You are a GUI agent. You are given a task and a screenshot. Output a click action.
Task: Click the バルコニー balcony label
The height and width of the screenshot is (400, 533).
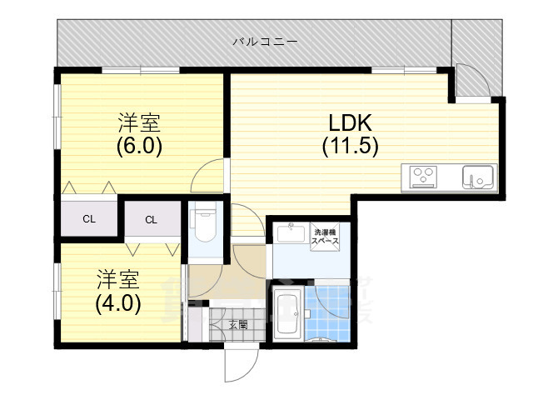(265, 42)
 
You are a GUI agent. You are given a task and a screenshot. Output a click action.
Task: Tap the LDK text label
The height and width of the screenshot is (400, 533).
(350, 122)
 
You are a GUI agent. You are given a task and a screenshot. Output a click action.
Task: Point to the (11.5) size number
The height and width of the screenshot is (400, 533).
(350, 147)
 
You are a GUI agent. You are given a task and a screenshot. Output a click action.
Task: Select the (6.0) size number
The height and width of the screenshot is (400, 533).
(139, 147)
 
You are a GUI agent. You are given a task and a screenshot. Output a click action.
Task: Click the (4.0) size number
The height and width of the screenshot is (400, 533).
(118, 303)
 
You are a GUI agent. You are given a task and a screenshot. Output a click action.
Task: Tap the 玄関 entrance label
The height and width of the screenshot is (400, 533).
(238, 325)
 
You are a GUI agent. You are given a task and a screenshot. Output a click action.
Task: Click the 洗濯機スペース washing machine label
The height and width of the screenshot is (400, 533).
(325, 237)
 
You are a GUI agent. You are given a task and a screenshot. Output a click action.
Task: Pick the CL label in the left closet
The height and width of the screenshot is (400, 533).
(89, 219)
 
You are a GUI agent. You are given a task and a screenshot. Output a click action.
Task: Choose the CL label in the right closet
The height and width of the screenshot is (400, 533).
(152, 220)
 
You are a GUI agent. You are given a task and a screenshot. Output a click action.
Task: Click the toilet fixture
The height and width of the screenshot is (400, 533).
(203, 224)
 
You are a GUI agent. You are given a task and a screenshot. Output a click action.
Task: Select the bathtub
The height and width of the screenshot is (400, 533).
(289, 314)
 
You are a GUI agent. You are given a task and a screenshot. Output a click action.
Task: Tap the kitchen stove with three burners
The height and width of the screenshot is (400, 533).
(424, 177)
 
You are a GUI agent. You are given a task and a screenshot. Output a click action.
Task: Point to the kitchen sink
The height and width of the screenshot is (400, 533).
(478, 177)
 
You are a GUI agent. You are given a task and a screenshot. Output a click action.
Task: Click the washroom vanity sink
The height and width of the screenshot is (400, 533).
(291, 233)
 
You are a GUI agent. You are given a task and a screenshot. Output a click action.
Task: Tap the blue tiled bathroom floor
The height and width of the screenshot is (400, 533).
(327, 313)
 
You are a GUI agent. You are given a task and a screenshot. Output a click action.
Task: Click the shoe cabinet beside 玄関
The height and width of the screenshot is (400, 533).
(196, 324)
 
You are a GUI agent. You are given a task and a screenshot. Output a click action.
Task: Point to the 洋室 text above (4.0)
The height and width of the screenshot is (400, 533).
(118, 280)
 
